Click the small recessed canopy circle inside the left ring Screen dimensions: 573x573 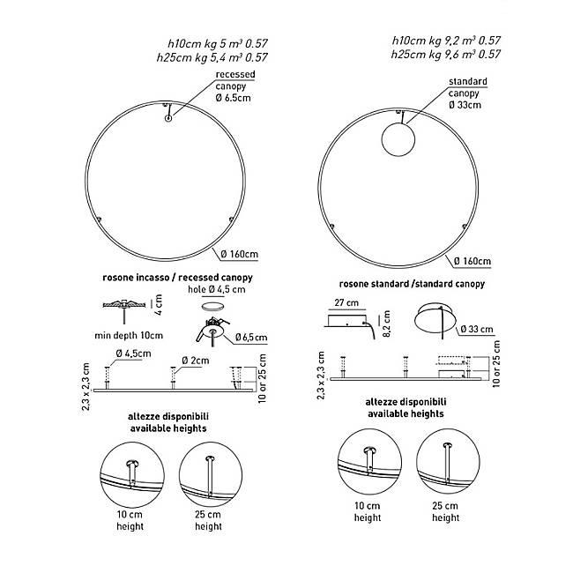[168, 118]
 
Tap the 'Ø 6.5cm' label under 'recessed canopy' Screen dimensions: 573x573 [233, 98]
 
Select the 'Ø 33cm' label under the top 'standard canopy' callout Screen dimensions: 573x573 [465, 105]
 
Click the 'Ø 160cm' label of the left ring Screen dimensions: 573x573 [240, 254]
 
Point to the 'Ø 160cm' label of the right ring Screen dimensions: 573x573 [473, 261]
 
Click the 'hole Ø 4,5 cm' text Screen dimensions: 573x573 [216, 289]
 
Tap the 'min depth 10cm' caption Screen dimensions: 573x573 [129, 335]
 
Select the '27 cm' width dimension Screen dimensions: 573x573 [346, 302]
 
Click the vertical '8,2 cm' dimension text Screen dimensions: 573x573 [387, 324]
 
